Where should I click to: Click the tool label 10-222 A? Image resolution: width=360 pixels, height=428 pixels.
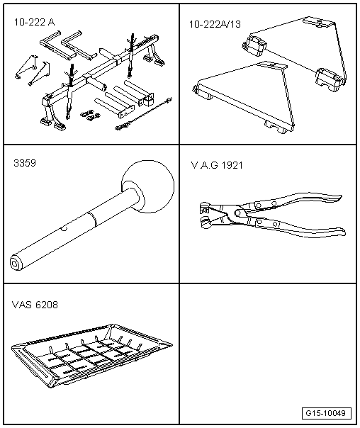coord(33,23)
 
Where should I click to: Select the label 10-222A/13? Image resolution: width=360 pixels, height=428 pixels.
coord(215,24)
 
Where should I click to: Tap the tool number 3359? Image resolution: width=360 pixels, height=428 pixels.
coord(24,162)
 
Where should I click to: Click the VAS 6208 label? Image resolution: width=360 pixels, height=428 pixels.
coord(35,305)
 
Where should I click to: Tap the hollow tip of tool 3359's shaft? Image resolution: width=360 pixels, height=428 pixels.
coord(15,263)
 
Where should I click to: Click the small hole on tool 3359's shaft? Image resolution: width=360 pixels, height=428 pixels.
coord(63,229)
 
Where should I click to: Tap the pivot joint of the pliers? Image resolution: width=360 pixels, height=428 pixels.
coord(233,212)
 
